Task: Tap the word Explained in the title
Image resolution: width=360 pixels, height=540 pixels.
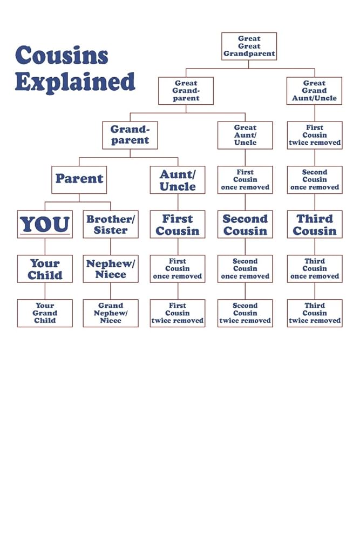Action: click(75, 82)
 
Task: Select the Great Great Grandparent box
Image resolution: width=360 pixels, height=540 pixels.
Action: click(249, 46)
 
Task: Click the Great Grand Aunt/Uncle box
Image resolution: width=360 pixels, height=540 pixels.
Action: click(314, 91)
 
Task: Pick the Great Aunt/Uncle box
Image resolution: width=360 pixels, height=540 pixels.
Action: click(245, 135)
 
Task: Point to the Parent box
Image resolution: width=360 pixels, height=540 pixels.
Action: click(79, 179)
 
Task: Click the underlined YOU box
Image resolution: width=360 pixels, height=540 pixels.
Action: click(45, 224)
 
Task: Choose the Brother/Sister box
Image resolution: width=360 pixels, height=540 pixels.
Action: click(111, 224)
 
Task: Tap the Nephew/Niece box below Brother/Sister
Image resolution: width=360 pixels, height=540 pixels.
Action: click(111, 268)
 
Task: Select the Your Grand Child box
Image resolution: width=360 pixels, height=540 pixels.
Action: click(45, 313)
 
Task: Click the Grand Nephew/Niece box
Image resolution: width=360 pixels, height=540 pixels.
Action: click(111, 313)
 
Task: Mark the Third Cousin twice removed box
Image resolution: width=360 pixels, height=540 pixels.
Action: click(315, 313)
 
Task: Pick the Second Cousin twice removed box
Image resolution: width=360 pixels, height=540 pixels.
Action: click(245, 313)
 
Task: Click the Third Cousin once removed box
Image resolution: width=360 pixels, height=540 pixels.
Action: click(315, 268)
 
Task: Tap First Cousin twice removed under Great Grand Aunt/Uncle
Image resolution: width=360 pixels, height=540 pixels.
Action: click(315, 135)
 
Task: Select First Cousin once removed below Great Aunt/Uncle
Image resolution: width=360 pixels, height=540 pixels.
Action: click(245, 179)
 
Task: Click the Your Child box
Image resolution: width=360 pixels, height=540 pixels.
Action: click(45, 268)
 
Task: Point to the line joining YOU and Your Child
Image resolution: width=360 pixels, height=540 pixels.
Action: click(45, 247)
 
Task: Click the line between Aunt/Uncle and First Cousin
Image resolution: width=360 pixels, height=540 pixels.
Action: click(178, 202)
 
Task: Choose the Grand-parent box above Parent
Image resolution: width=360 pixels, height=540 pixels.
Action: click(130, 135)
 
